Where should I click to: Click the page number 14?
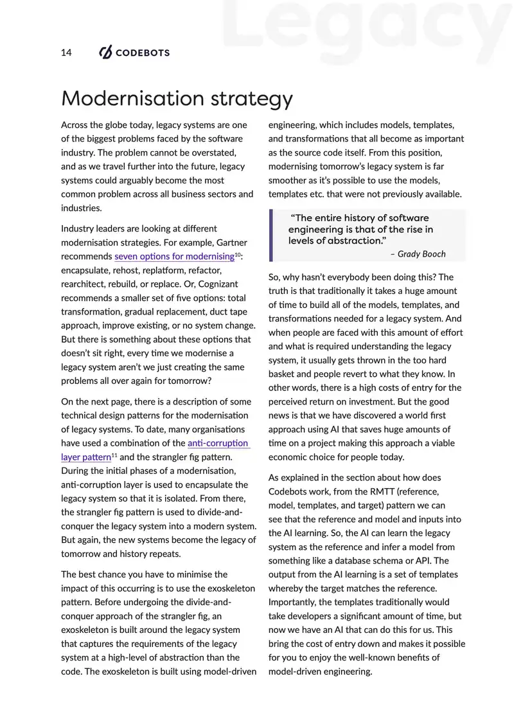(x=66, y=53)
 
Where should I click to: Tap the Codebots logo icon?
(x=105, y=53)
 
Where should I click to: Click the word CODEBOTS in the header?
(x=142, y=53)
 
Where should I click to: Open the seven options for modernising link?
(x=173, y=257)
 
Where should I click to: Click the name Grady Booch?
(x=421, y=254)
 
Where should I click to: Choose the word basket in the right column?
(x=283, y=374)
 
